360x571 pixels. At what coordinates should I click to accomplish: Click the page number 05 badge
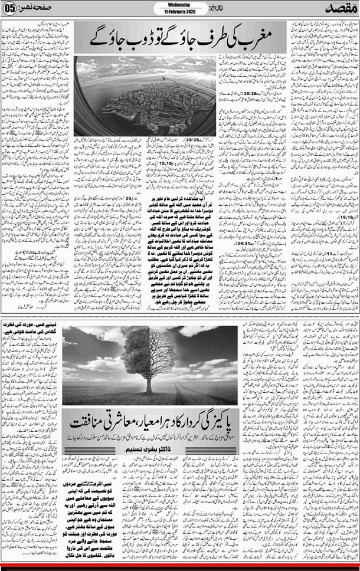[x=9, y=9]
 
